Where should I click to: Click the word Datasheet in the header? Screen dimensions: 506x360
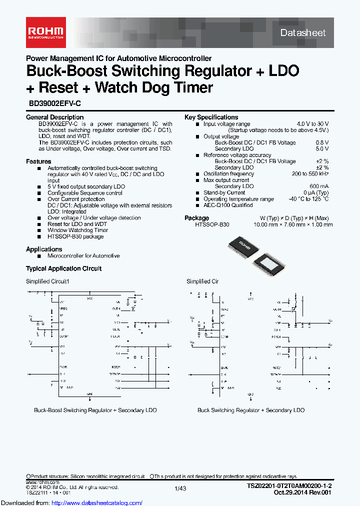point(302,32)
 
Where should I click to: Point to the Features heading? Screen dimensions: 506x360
point(38,161)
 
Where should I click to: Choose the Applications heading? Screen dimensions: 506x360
point(44,249)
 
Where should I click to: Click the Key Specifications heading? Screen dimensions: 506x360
point(211,117)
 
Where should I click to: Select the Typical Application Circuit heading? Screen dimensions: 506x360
point(63,268)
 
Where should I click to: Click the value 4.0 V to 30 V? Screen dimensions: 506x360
point(312,124)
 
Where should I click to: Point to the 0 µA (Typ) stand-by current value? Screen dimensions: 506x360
point(315,192)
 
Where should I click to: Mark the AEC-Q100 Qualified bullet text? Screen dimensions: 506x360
point(227,205)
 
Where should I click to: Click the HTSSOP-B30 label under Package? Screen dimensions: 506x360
point(212,224)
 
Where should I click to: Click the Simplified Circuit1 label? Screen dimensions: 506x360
point(47,281)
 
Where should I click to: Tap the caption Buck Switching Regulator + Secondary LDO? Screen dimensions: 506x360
point(250,410)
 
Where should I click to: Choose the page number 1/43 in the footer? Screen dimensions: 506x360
point(180,488)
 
